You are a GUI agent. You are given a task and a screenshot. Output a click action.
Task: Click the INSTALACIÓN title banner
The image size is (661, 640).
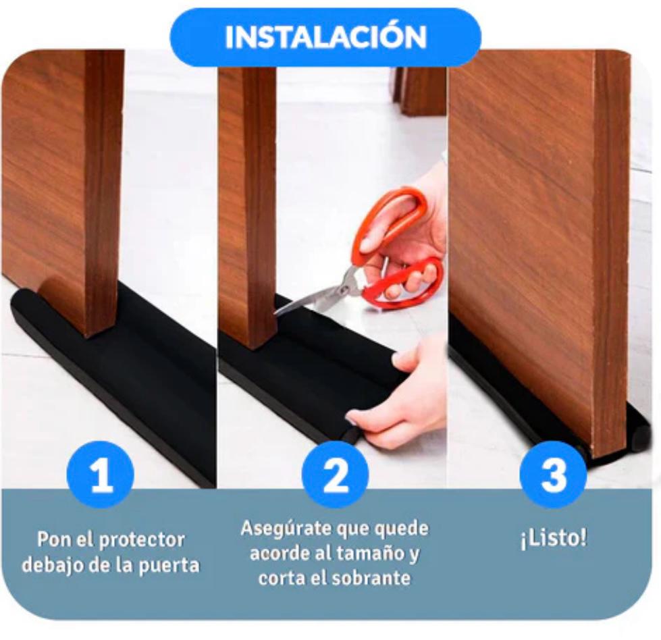click(325, 37)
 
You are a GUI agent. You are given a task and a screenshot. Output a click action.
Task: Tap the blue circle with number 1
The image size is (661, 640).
click(101, 475)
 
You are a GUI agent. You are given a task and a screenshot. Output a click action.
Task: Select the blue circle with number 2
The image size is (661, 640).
click(335, 475)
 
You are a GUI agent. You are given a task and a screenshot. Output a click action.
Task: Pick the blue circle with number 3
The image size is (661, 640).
click(553, 475)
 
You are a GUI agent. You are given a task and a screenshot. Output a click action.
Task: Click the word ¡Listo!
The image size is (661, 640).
click(553, 539)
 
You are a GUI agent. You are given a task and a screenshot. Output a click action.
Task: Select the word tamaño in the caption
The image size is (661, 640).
click(366, 554)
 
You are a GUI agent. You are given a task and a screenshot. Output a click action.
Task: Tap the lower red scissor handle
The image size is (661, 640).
click(404, 282)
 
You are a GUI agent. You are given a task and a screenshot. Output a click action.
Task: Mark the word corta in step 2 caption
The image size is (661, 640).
click(277, 578)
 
